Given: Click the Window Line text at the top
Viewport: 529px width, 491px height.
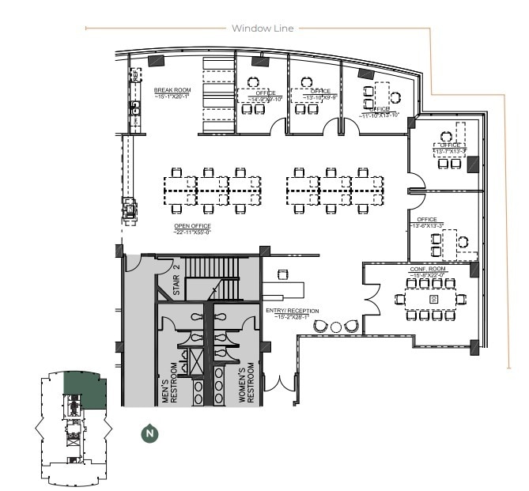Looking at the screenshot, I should tap(263, 28).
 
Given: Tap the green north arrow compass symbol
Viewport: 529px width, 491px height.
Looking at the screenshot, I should tap(147, 432).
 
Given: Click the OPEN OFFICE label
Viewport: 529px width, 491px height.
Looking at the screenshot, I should tap(192, 226).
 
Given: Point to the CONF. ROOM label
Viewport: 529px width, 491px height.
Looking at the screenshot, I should tap(427, 269).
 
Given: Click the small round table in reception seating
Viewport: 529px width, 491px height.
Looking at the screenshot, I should tap(335, 327).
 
